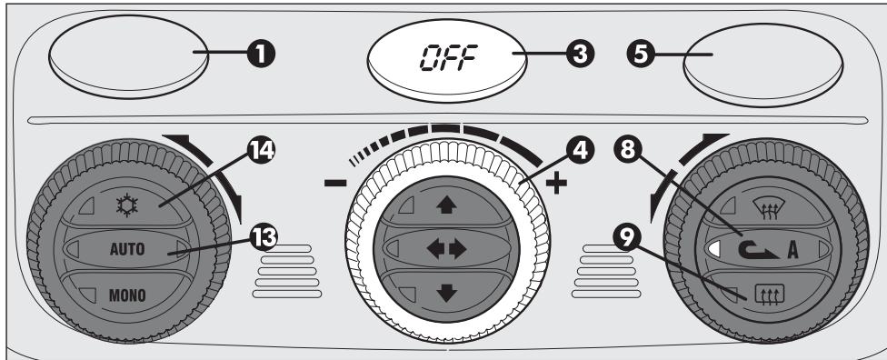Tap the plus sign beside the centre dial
coord(555,185)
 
